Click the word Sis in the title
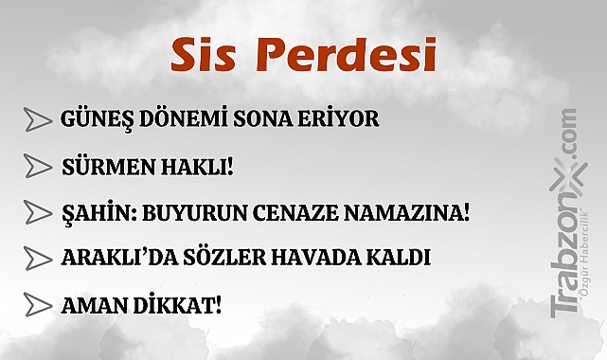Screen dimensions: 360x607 coord(202,56)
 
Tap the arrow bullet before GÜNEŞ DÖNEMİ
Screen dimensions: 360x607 coord(37,120)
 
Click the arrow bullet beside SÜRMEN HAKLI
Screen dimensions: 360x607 coord(37,167)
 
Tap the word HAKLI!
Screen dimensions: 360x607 coord(198,167)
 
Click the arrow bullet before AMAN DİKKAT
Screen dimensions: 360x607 coord(37,306)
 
